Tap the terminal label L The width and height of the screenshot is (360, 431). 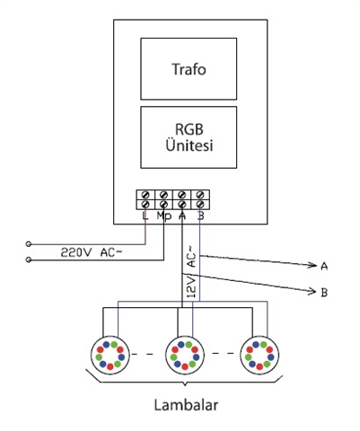pos(145,216)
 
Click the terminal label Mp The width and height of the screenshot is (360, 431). pos(162,216)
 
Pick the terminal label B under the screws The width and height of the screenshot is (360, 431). pos(200,216)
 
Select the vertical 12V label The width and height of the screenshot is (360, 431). pos(190,288)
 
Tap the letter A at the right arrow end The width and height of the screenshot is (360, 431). pos(324,266)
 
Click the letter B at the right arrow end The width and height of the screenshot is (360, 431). pos(324,293)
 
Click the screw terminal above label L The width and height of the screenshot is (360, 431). pos(145,196)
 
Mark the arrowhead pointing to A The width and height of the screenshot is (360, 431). pos(312,266)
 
